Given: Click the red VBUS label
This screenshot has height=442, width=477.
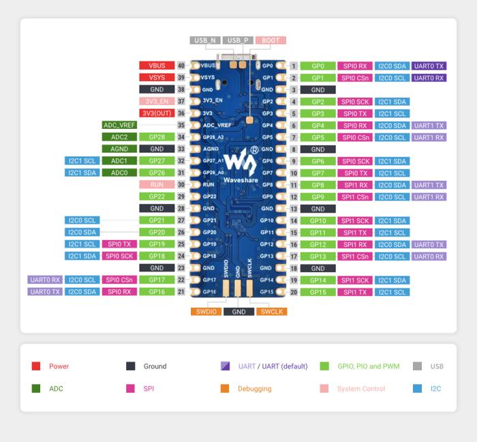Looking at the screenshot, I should coord(157,66).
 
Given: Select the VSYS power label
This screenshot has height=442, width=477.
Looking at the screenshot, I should coord(157,78).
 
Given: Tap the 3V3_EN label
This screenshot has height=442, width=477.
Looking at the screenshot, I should coord(157,102).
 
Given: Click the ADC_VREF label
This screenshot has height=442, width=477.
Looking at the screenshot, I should coord(119,126).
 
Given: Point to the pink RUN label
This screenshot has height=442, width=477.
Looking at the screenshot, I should coord(157,185).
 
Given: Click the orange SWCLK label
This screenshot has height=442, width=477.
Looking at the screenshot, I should coord(272,312).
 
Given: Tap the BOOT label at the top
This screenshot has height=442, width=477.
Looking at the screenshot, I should coord(271,41).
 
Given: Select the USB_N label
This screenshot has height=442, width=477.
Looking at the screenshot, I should coord(205,41).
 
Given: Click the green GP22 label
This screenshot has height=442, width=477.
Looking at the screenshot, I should coord(157,196).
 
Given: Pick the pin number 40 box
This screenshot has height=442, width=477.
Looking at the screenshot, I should coord(181,66).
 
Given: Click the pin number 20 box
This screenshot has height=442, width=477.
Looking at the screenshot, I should coord(294,292).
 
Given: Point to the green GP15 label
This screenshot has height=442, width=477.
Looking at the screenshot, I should coord(318,292).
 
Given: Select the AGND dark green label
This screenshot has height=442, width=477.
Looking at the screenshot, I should coord(119,149).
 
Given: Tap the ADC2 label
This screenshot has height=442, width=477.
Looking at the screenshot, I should coord(119,137).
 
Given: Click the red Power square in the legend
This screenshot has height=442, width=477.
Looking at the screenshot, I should coord(36,366).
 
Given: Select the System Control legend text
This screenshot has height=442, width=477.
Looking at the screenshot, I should coord(363,389).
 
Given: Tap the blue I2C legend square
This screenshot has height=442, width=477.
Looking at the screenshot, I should coord(418,389).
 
